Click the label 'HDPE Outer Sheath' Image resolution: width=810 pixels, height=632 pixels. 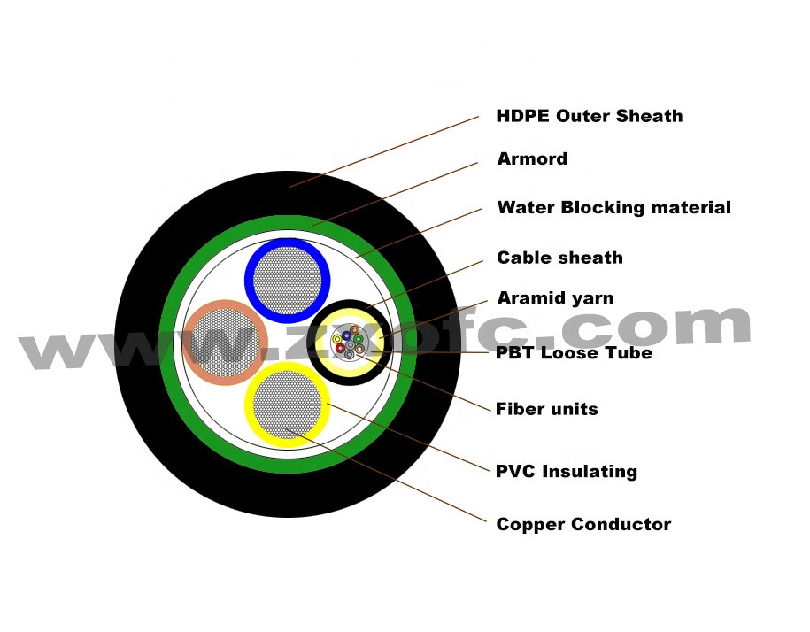(x=590, y=116)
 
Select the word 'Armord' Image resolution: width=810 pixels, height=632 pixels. (x=532, y=159)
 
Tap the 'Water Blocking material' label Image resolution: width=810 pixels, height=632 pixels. (x=613, y=208)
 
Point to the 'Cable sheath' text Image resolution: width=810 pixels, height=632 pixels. (x=559, y=258)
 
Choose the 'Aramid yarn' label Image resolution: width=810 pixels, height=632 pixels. (x=555, y=298)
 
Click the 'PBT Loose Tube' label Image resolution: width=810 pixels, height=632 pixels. (x=574, y=353)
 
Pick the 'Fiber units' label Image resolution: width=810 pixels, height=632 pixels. (x=546, y=409)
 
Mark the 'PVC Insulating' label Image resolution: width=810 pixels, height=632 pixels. (x=566, y=471)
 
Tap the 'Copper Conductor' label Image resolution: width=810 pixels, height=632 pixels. (x=583, y=525)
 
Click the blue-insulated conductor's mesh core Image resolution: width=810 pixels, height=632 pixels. (x=287, y=281)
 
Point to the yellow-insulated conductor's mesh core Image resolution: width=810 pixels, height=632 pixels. (x=286, y=404)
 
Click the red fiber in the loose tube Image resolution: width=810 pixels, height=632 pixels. (x=341, y=348)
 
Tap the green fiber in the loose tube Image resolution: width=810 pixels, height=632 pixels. (x=359, y=339)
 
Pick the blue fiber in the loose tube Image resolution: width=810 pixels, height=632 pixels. (x=346, y=335)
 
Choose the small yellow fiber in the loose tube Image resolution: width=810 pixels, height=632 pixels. (x=337, y=339)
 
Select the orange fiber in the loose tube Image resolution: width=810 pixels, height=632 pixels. (x=354, y=330)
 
